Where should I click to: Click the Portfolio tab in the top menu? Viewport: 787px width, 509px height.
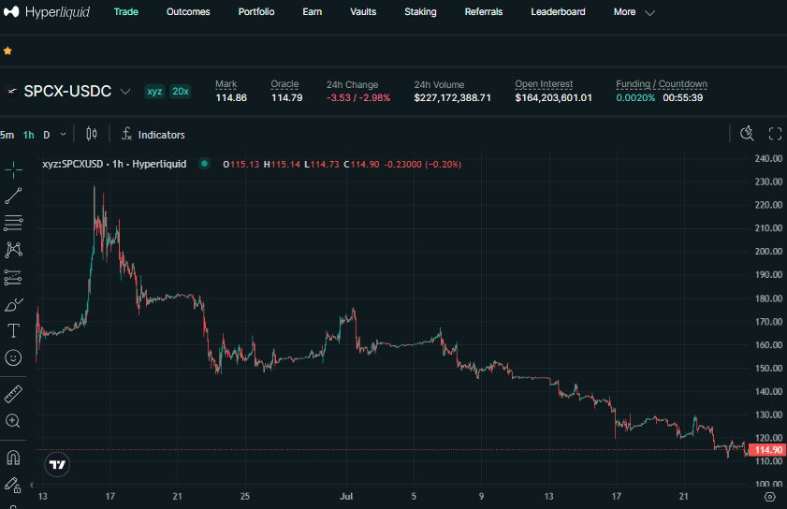(x=256, y=11)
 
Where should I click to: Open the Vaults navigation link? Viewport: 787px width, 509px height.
(x=363, y=11)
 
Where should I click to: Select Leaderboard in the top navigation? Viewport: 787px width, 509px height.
(x=558, y=11)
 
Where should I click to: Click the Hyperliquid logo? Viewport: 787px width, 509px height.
(x=47, y=11)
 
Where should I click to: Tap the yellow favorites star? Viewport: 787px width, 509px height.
(x=7, y=51)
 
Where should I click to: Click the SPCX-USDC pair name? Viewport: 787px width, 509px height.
(x=67, y=92)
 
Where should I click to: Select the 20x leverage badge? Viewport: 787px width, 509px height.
(x=181, y=92)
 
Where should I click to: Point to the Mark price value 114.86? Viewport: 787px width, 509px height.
(x=231, y=98)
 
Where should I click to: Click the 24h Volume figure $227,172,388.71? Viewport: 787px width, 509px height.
(x=452, y=98)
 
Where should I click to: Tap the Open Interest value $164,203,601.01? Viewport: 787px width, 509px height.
(x=553, y=98)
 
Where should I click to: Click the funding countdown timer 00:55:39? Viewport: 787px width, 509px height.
(x=682, y=98)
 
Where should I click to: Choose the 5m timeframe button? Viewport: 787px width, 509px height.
(x=7, y=135)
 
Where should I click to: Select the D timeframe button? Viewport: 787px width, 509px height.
(x=46, y=135)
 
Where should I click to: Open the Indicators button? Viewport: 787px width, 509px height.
(x=153, y=135)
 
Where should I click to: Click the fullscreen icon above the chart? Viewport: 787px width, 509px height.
(x=775, y=134)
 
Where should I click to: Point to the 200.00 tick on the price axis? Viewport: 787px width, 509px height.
(x=768, y=252)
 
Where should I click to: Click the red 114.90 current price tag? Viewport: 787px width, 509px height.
(x=766, y=450)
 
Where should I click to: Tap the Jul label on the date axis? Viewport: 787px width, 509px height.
(x=346, y=497)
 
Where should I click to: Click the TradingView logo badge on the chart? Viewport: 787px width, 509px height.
(x=57, y=465)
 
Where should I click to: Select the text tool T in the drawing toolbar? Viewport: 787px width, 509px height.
(x=13, y=331)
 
